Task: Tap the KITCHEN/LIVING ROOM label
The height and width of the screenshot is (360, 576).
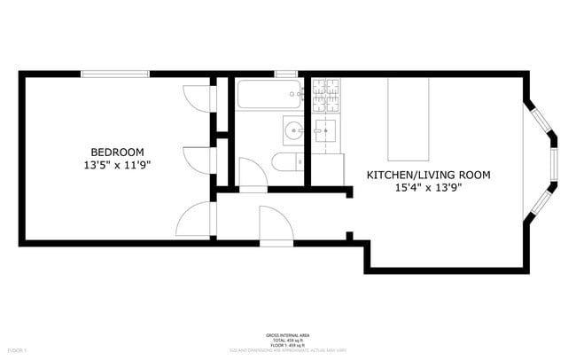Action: click(428, 176)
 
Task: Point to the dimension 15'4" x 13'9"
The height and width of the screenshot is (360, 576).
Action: click(428, 189)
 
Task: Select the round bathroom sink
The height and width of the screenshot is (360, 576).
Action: click(293, 131)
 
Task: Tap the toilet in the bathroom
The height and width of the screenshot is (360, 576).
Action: click(286, 161)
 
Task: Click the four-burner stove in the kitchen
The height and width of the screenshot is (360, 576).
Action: click(325, 94)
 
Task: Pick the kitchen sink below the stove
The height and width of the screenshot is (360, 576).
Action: click(325, 132)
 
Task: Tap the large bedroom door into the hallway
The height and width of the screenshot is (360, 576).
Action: click(196, 219)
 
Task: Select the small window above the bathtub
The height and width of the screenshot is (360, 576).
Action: click(285, 74)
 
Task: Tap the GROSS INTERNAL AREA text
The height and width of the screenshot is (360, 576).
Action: click(288, 335)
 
